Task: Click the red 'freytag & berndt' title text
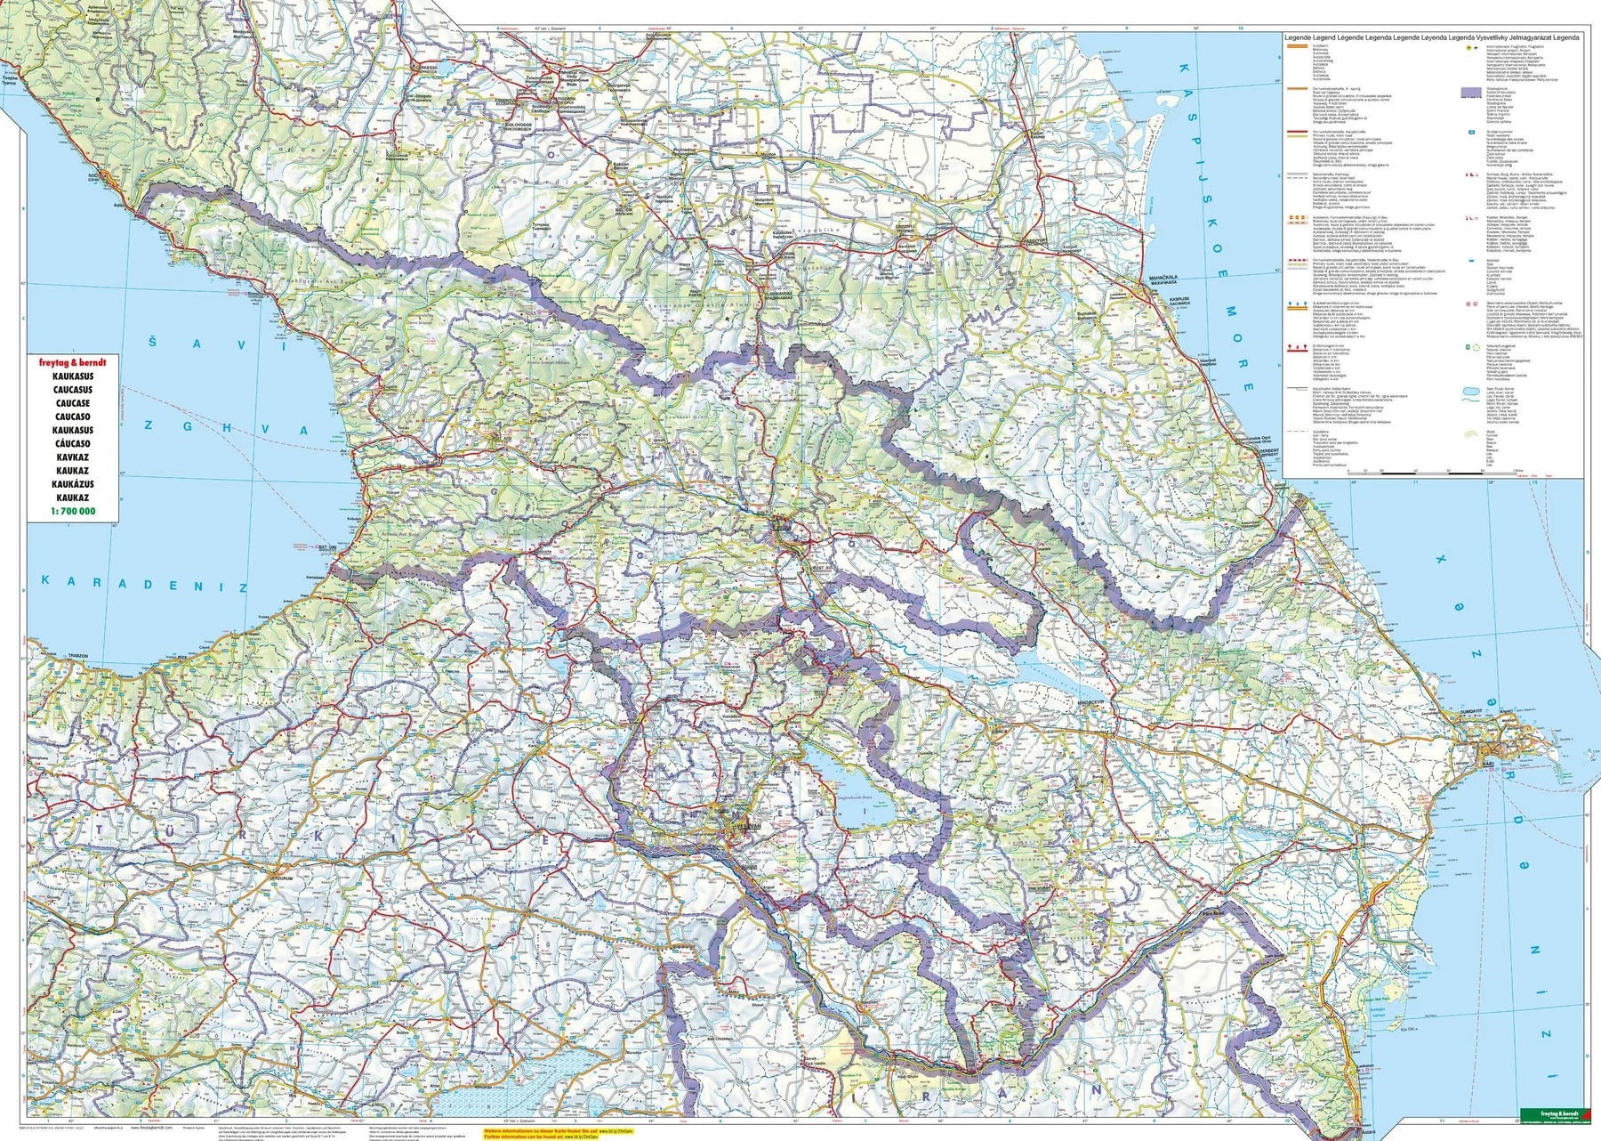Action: point(72,363)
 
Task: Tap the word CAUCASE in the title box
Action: point(72,403)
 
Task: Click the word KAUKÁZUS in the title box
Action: point(72,484)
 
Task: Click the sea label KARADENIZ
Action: point(144,583)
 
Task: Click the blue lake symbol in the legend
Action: point(1470,390)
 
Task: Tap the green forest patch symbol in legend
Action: point(1470,433)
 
